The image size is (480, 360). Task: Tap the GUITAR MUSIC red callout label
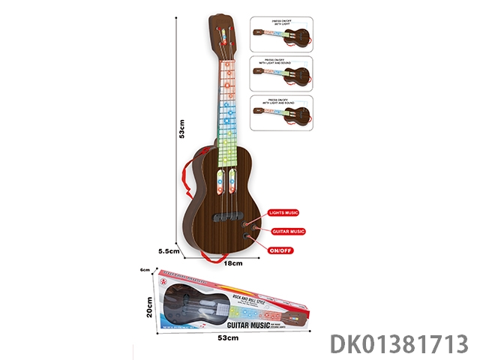(x=286, y=231)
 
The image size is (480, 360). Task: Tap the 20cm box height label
(x=149, y=309)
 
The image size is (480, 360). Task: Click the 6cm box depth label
(x=145, y=270)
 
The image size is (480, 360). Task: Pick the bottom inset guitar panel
(x=281, y=113)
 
